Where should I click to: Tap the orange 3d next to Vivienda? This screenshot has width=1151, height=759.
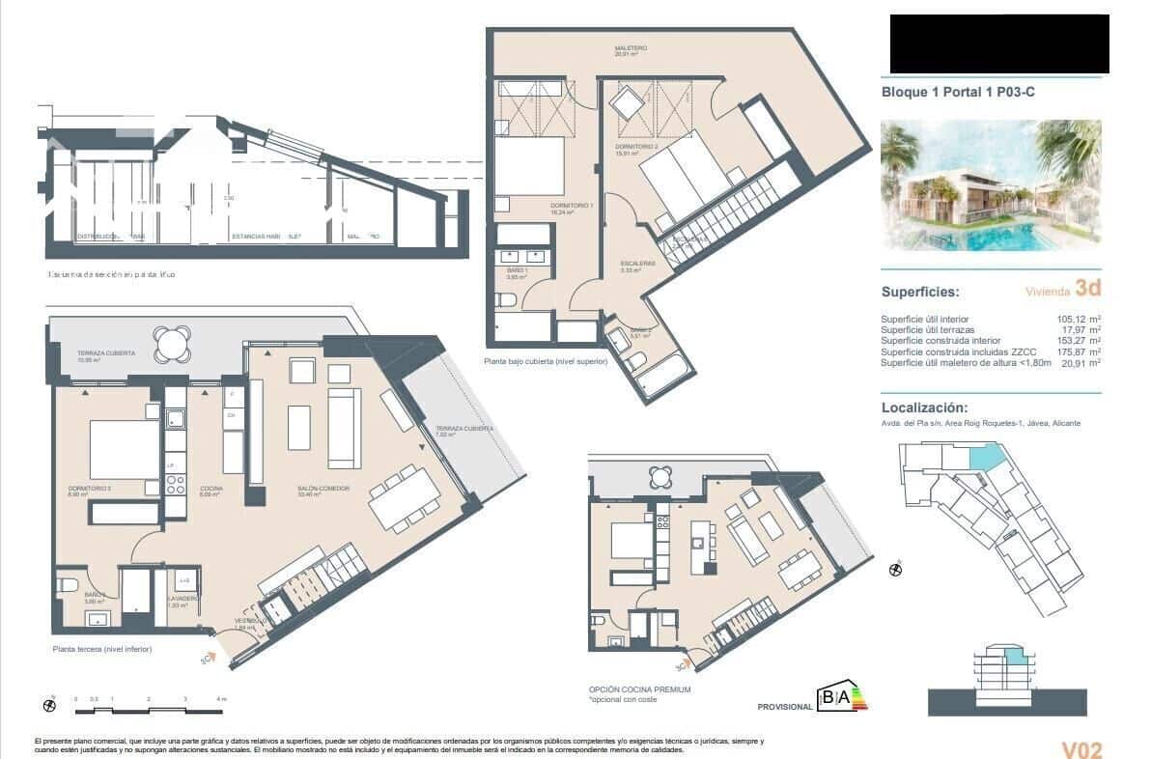pos(1087,288)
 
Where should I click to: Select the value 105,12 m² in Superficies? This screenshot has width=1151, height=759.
pos(1080,320)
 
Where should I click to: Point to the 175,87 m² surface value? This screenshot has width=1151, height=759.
pos(1080,351)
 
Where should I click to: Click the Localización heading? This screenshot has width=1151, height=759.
pos(924,408)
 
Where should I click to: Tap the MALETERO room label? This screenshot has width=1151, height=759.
pos(631,48)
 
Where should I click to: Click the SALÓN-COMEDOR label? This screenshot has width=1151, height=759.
pos(323,489)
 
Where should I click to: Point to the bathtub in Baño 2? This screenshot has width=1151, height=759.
pos(661,373)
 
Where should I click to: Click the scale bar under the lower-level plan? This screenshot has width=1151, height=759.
pos(150,711)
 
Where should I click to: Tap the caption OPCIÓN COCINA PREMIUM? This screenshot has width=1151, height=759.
pos(639,689)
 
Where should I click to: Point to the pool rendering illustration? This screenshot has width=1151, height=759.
pos(991,184)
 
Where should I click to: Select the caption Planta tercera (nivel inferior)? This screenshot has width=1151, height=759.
pos(102,649)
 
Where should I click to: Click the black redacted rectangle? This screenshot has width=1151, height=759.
pos(998,44)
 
